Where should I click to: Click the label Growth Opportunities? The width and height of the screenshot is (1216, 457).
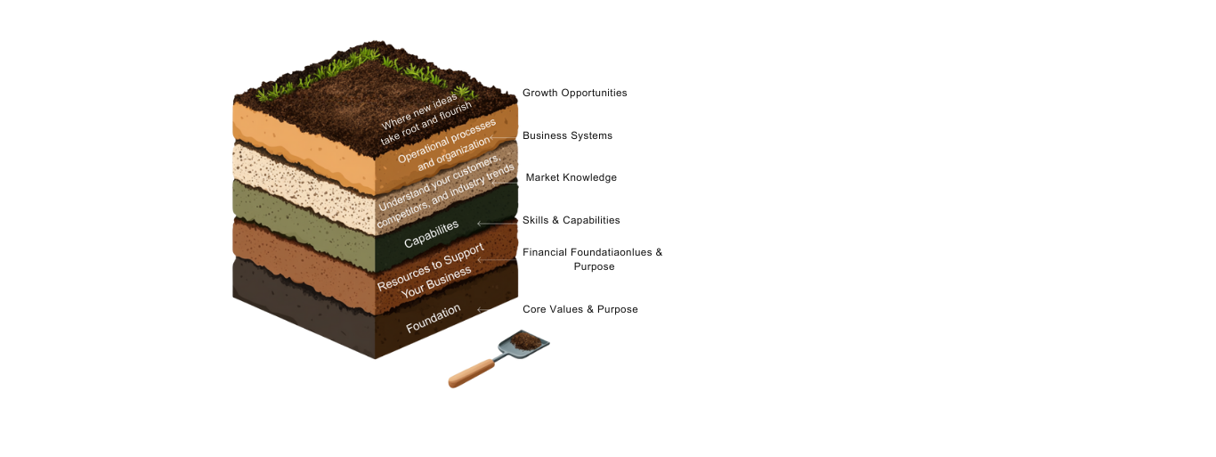click(574, 93)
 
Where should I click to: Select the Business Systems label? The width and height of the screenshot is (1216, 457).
click(567, 135)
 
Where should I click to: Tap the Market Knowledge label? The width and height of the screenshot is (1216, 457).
click(571, 177)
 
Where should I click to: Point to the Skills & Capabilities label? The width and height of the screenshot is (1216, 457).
click(571, 220)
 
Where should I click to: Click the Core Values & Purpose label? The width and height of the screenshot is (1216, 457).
click(580, 309)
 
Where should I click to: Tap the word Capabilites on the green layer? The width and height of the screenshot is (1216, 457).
click(432, 233)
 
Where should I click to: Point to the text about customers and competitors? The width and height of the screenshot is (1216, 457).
click(446, 190)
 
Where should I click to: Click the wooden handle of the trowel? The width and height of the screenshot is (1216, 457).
click(471, 373)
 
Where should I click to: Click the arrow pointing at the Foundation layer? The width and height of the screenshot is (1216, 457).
click(482, 310)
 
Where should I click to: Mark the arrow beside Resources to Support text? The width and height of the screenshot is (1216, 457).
click(482, 260)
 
